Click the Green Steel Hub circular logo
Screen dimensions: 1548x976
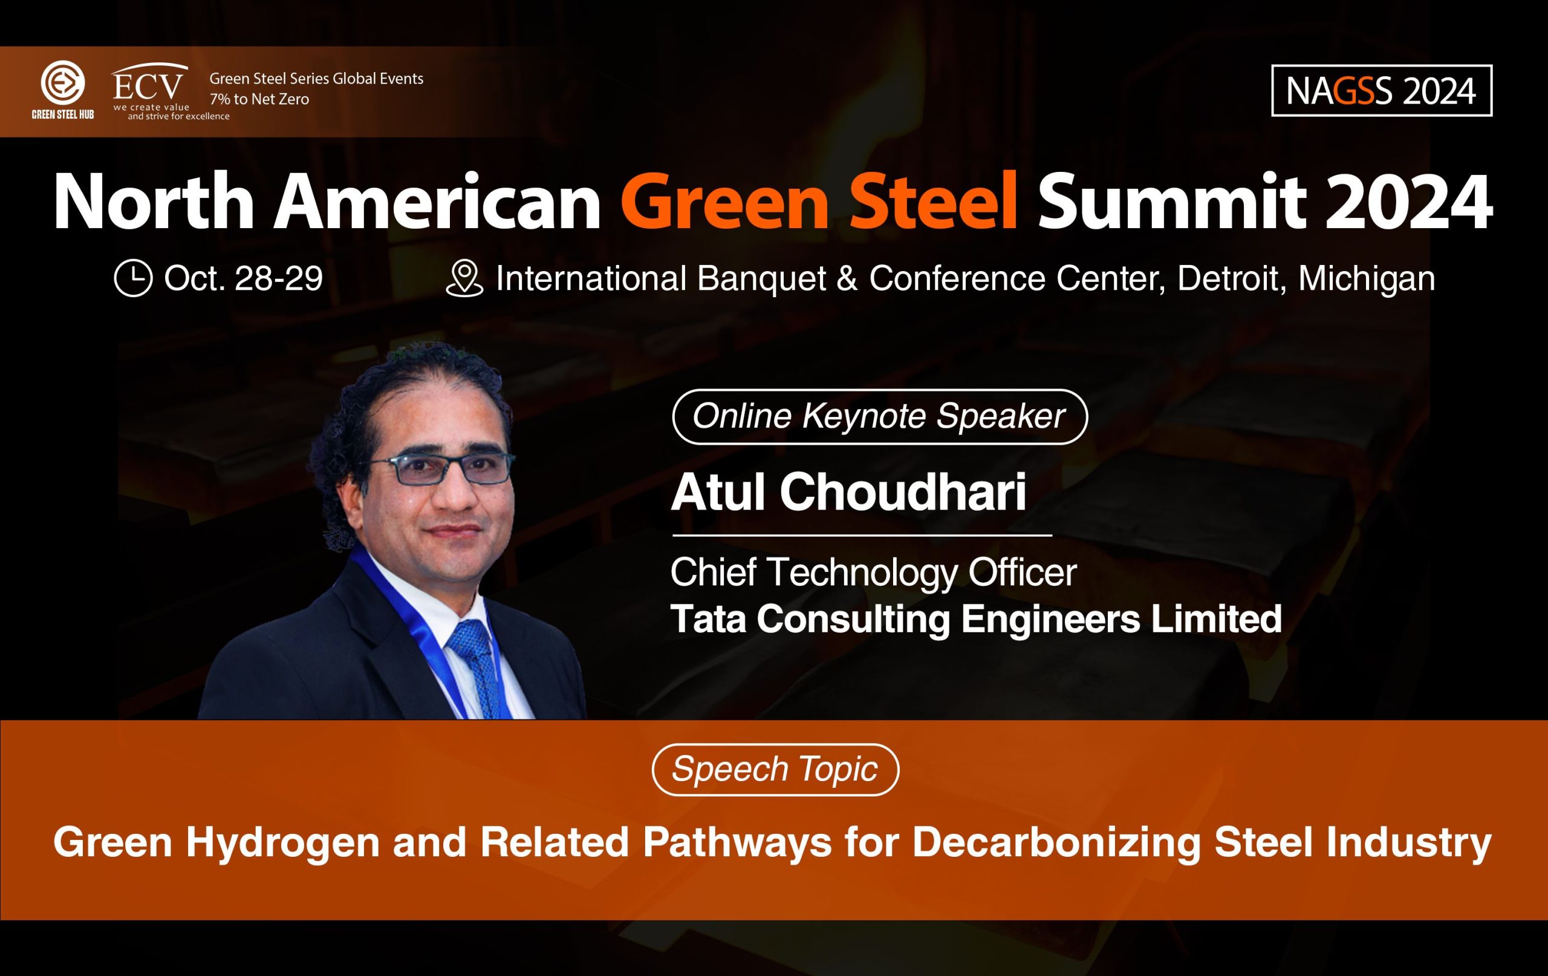(x=62, y=82)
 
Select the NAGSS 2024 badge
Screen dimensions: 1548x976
(x=1382, y=91)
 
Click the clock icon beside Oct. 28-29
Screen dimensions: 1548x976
(x=133, y=278)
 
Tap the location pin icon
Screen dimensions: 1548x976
(x=464, y=278)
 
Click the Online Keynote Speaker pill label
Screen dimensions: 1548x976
(x=879, y=416)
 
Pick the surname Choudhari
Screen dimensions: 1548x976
(x=903, y=492)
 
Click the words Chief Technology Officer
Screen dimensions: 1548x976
(x=873, y=572)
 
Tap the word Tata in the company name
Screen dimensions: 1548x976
(x=707, y=618)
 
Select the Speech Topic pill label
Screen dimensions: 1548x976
(x=775, y=770)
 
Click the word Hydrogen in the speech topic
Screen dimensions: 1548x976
(x=283, y=843)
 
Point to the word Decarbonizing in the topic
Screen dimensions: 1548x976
(x=1056, y=843)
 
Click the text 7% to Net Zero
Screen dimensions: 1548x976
(x=259, y=99)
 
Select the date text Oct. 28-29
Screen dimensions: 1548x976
(x=243, y=278)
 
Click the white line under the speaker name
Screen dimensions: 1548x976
(x=862, y=535)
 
